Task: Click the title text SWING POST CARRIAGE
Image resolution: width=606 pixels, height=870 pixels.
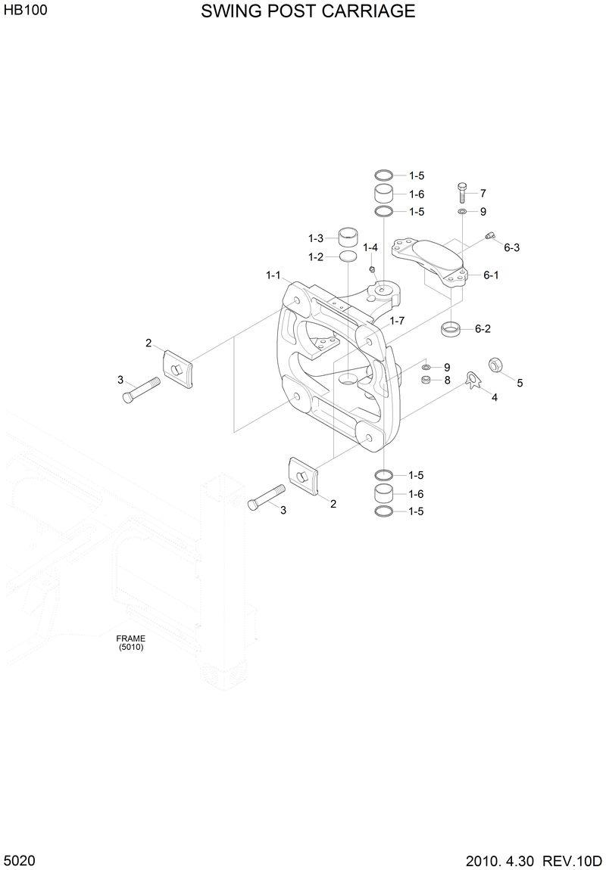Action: click(x=308, y=11)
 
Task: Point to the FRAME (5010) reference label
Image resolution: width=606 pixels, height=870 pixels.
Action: click(x=130, y=642)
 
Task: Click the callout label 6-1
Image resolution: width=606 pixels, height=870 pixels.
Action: click(x=491, y=275)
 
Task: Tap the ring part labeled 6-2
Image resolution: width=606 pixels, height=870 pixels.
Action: click(x=451, y=329)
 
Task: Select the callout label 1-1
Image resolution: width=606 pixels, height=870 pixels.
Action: click(x=273, y=275)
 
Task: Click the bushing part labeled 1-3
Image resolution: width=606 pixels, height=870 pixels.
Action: click(x=348, y=237)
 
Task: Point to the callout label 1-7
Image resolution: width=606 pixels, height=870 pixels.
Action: click(x=397, y=321)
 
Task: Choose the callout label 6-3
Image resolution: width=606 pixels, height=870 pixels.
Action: click(x=512, y=247)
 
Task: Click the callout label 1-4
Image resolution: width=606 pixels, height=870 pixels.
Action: click(x=370, y=247)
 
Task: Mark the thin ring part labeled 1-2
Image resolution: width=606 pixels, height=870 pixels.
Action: click(x=348, y=258)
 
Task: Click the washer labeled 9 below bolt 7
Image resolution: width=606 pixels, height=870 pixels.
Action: click(x=462, y=212)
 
